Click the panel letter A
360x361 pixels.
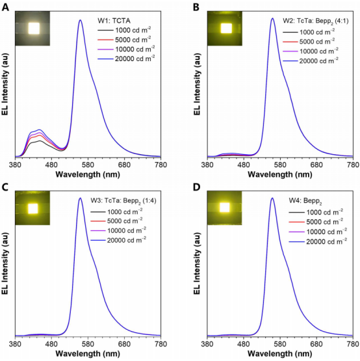[x=5, y=7]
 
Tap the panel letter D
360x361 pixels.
[x=197, y=187]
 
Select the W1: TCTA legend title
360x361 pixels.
[x=114, y=21]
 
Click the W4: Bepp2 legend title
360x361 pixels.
[x=305, y=201]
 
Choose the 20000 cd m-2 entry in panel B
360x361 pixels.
[x=311, y=60]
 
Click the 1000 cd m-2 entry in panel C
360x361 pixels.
[x=116, y=211]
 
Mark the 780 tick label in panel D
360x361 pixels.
[x=353, y=344]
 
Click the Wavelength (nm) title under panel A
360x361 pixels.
[x=88, y=174]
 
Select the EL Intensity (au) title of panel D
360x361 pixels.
[x=197, y=263]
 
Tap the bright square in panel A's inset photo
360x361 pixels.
[x=34, y=29]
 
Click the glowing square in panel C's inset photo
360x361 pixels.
[x=32, y=209]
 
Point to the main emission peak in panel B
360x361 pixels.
[x=272, y=18]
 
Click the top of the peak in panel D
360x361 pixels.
[x=272, y=198]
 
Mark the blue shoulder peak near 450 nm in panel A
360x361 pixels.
[x=39, y=129]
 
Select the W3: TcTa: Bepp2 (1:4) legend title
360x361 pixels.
[x=123, y=201]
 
